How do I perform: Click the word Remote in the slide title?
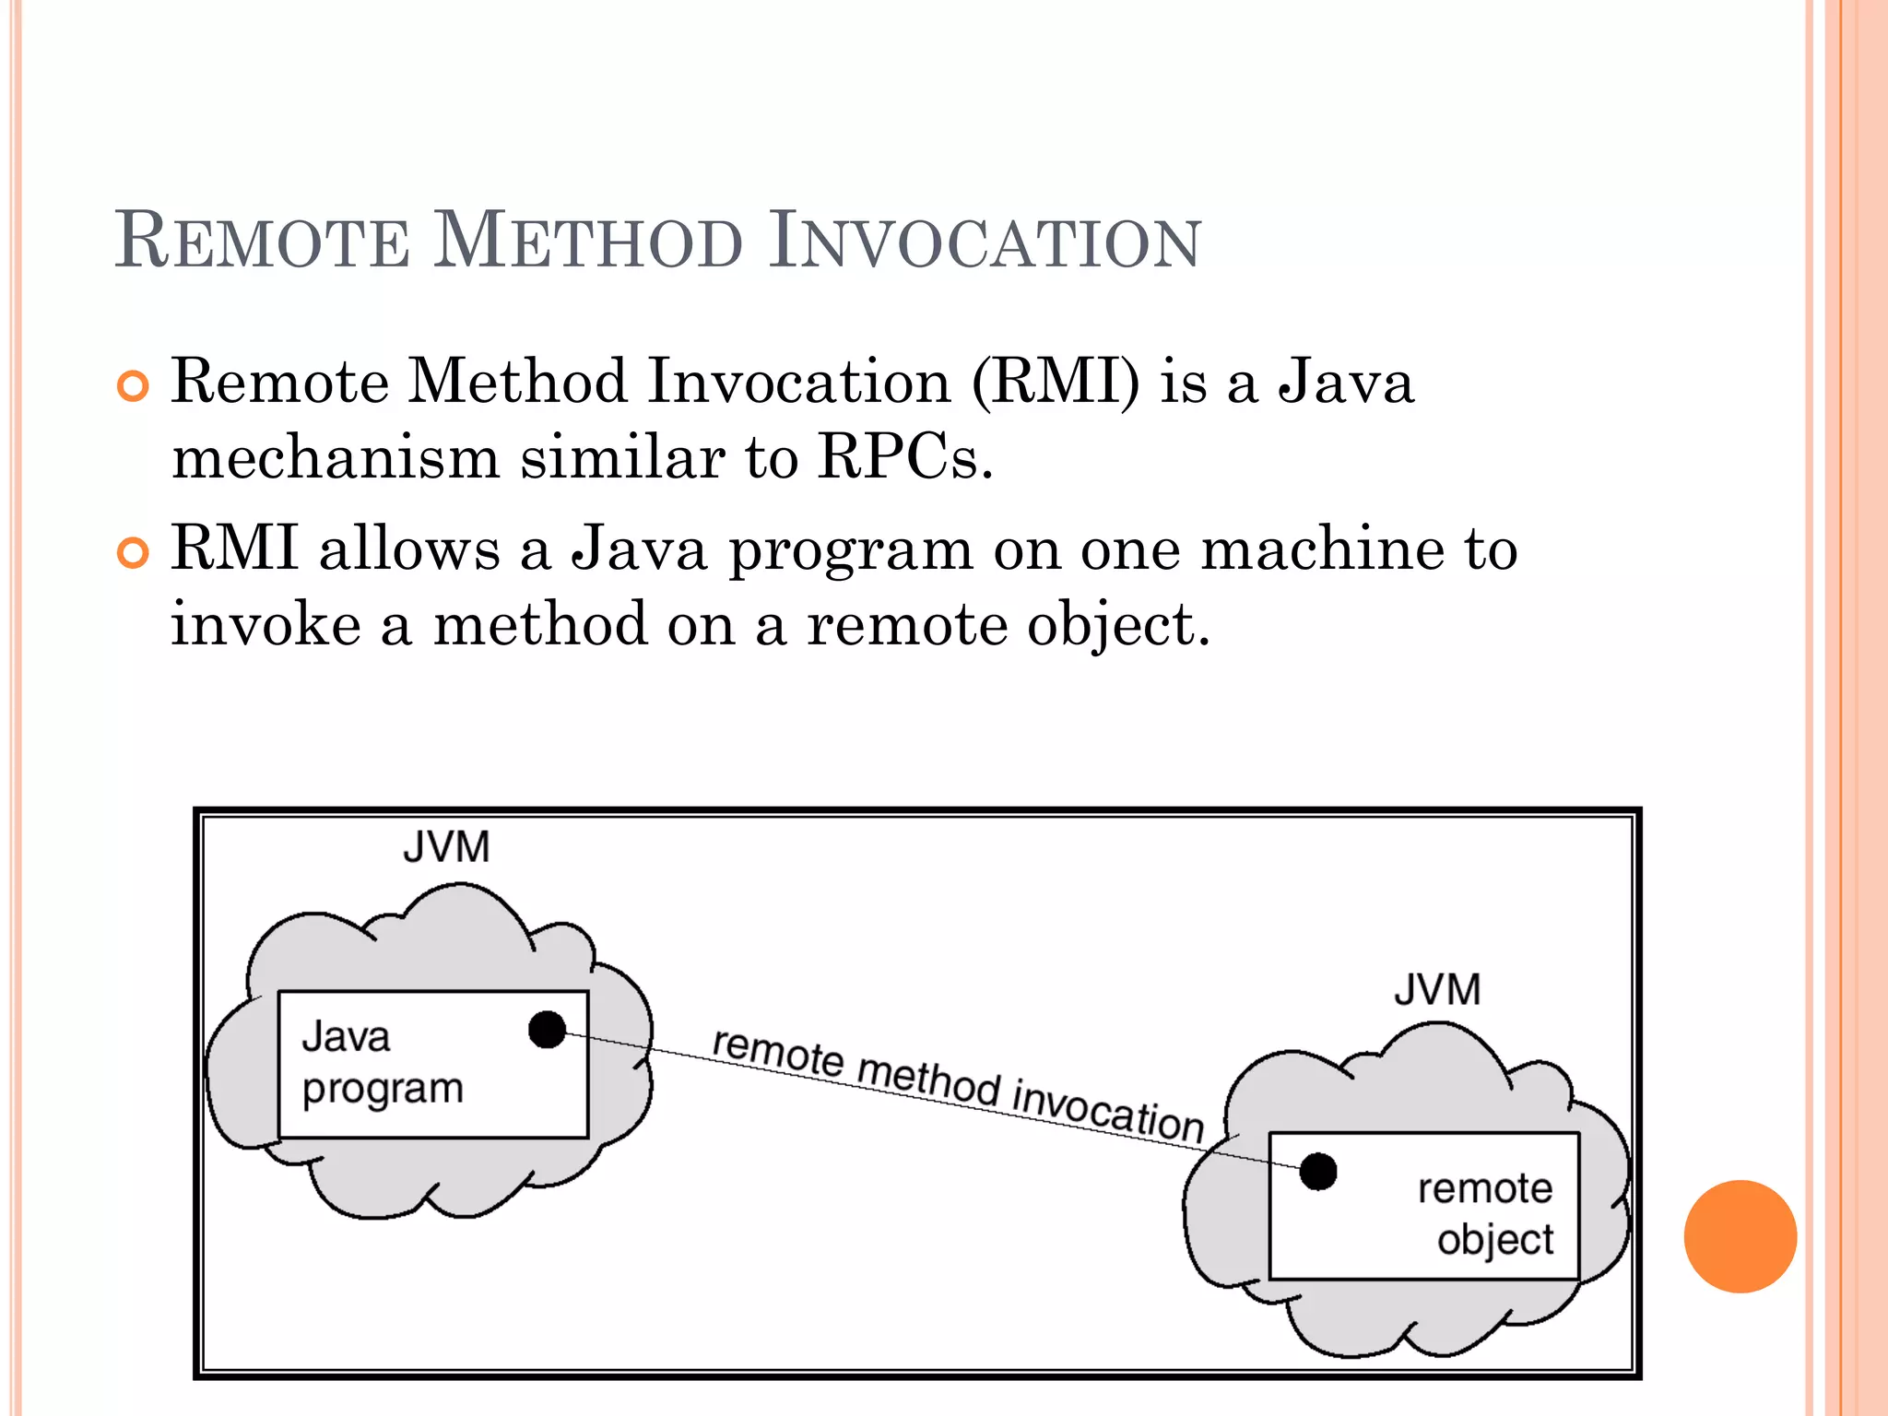pyautogui.click(x=262, y=242)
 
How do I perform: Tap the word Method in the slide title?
pyautogui.click(x=587, y=242)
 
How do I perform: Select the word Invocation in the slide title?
pyautogui.click(x=985, y=242)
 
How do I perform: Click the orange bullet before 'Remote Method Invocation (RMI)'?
pyautogui.click(x=134, y=387)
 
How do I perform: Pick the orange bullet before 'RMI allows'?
pyautogui.click(x=134, y=553)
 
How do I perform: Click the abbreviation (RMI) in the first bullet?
pyautogui.click(x=1056, y=382)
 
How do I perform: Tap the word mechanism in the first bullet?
pyautogui.click(x=335, y=457)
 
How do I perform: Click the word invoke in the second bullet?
pyautogui.click(x=265, y=625)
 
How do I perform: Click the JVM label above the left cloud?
pyautogui.click(x=446, y=847)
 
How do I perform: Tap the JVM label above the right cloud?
pyautogui.click(x=1437, y=990)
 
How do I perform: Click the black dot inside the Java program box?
pyautogui.click(x=547, y=1030)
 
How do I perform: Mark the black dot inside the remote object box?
pyautogui.click(x=1318, y=1172)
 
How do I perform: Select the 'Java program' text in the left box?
pyautogui.click(x=382, y=1063)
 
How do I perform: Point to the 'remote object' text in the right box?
pyautogui.click(x=1485, y=1213)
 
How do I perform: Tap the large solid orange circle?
pyautogui.click(x=1740, y=1236)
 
